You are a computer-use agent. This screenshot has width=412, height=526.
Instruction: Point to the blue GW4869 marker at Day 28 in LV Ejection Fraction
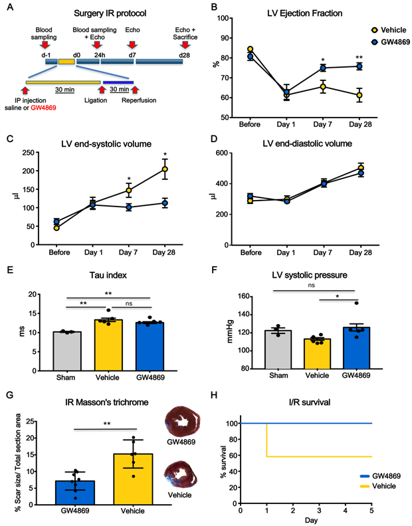pos(359,66)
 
